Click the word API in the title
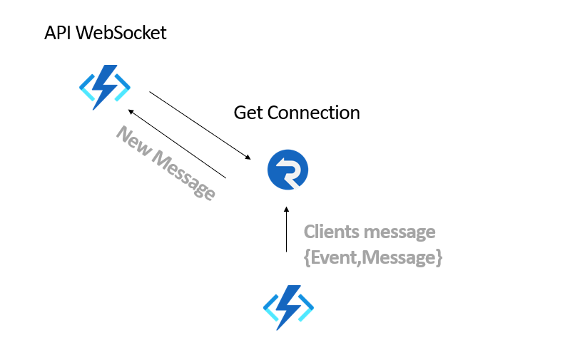coord(58,33)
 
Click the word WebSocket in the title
coord(121,33)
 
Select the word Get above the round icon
coord(248,113)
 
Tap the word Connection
coord(314,113)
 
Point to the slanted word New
coord(133,140)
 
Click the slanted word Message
coord(183,175)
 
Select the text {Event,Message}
coord(373,257)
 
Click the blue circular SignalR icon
coord(288,170)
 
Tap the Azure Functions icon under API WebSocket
coord(105,87)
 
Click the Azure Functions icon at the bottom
coord(288,307)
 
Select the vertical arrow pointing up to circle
coord(286,229)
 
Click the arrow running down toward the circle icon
coord(200,125)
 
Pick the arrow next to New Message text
coord(177,144)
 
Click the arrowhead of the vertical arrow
coord(286,209)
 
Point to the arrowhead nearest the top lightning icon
coord(131,111)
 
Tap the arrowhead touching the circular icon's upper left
coord(248,158)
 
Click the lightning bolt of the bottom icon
coord(289,307)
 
